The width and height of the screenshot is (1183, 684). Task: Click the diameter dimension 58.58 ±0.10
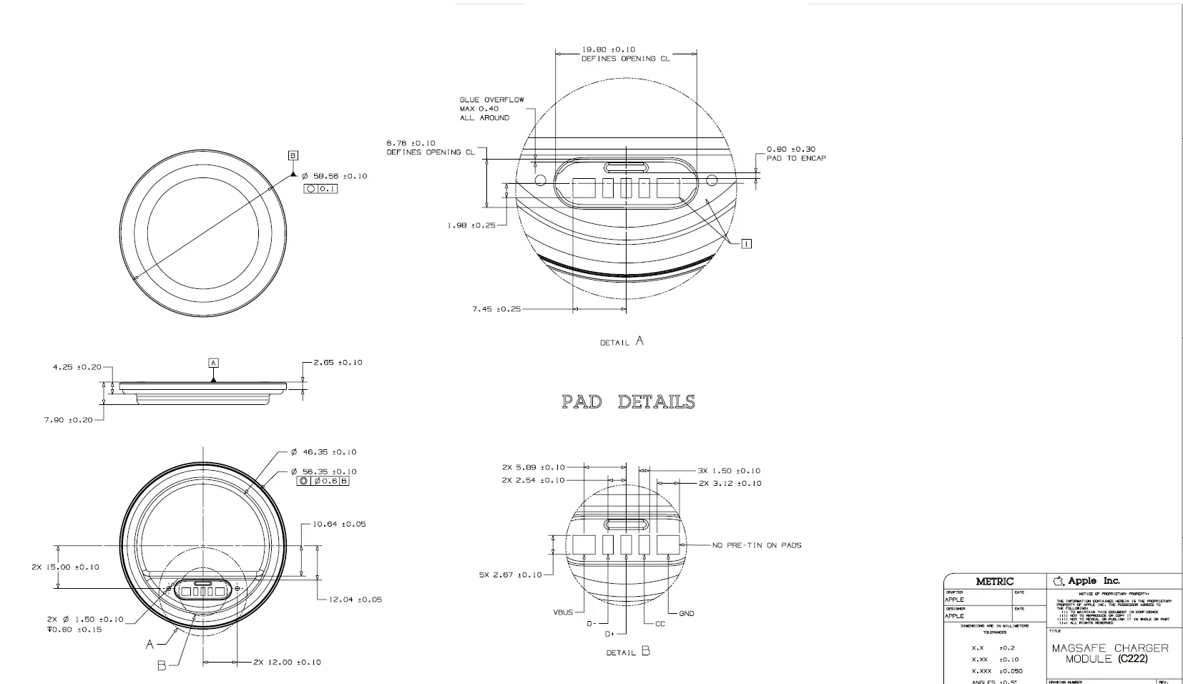pyautogui.click(x=334, y=176)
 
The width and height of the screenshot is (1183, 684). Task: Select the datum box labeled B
pyautogui.click(x=293, y=155)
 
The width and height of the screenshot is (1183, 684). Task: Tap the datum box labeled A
pyautogui.click(x=213, y=363)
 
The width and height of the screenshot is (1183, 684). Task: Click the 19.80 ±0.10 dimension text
pyautogui.click(x=608, y=49)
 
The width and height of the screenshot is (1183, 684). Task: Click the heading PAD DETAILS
pyautogui.click(x=628, y=401)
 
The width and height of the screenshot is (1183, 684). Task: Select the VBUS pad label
pyautogui.click(x=563, y=613)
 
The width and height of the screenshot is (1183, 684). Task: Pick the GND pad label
pyautogui.click(x=686, y=613)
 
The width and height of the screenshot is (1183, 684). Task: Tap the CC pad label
pyautogui.click(x=660, y=624)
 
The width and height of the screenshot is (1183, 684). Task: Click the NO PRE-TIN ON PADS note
pyautogui.click(x=756, y=545)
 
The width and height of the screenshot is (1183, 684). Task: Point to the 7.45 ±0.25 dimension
pyautogui.click(x=496, y=309)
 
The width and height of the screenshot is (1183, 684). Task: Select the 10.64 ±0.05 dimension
pyautogui.click(x=339, y=524)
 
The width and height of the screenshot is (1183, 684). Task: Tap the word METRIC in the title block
pyautogui.click(x=994, y=582)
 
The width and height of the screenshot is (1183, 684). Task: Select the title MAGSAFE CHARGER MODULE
pyautogui.click(x=1109, y=653)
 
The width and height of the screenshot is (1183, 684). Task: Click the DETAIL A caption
pyautogui.click(x=622, y=342)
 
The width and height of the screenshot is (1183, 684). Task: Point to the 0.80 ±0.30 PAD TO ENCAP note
pyautogui.click(x=795, y=154)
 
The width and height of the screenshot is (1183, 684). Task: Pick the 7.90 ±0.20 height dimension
pyautogui.click(x=68, y=420)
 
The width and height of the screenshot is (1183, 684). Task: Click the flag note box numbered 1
pyautogui.click(x=747, y=244)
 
